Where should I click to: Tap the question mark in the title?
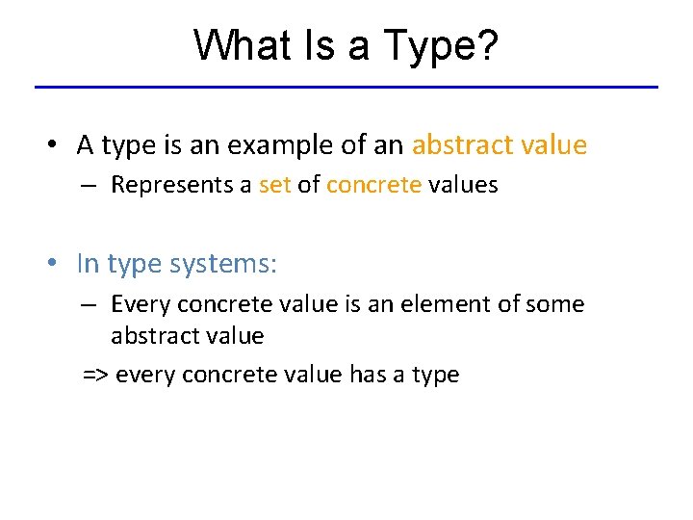tap(488, 45)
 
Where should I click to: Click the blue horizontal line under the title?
tap(346, 88)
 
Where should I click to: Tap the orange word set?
tap(274, 185)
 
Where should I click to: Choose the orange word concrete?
tap(373, 185)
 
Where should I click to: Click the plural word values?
tap(464, 185)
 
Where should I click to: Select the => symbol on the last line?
tap(95, 375)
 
